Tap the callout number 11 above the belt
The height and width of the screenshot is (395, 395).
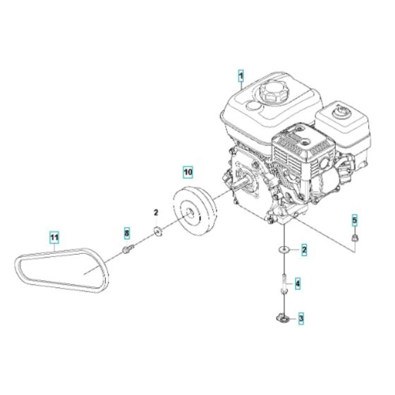click(54, 237)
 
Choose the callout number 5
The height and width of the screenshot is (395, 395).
click(355, 219)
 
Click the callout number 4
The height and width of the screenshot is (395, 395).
click(298, 284)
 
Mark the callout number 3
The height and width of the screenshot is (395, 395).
click(300, 319)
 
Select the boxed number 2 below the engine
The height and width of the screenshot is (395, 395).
click(304, 249)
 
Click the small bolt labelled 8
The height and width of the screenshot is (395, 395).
click(128, 248)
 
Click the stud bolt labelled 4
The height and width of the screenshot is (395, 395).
click(283, 281)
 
